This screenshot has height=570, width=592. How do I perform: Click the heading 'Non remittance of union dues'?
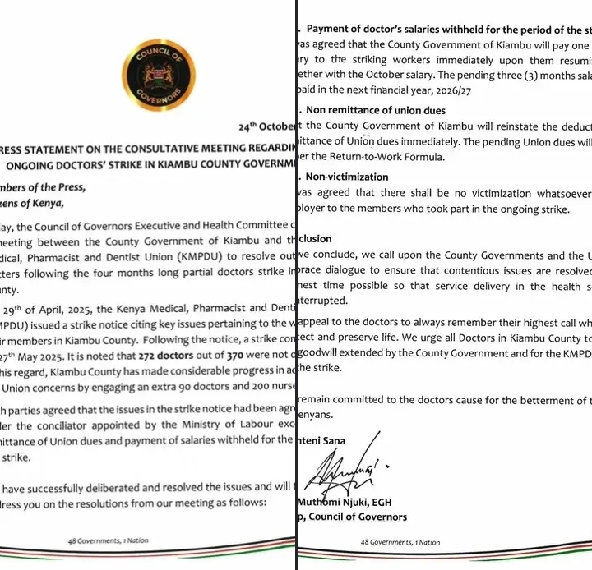click(376, 110)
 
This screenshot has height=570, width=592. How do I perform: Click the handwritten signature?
click(341, 473)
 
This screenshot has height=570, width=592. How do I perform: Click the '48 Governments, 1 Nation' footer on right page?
click(400, 542)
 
